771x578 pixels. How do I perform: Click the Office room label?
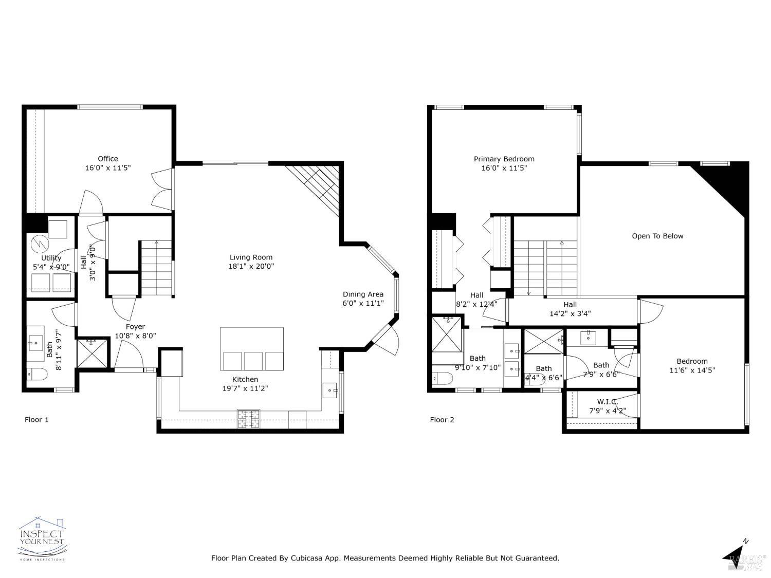click(x=108, y=159)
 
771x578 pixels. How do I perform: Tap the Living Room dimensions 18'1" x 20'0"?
click(x=251, y=266)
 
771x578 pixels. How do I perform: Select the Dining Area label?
click(x=363, y=294)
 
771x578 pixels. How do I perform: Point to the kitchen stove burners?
click(x=248, y=419)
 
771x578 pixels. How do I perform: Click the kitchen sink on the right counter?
click(x=329, y=390)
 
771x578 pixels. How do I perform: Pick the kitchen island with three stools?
click(x=252, y=349)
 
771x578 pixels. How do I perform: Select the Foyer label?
click(x=136, y=327)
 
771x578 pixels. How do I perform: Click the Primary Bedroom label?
click(x=504, y=159)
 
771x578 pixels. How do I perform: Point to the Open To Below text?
click(x=657, y=236)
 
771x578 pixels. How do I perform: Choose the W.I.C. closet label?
click(x=607, y=402)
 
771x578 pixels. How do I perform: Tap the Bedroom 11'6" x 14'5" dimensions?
click(x=692, y=370)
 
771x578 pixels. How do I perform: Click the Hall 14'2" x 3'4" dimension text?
click(x=570, y=313)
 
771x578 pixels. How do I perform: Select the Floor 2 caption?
click(x=442, y=420)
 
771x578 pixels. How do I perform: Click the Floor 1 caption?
click(x=36, y=420)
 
